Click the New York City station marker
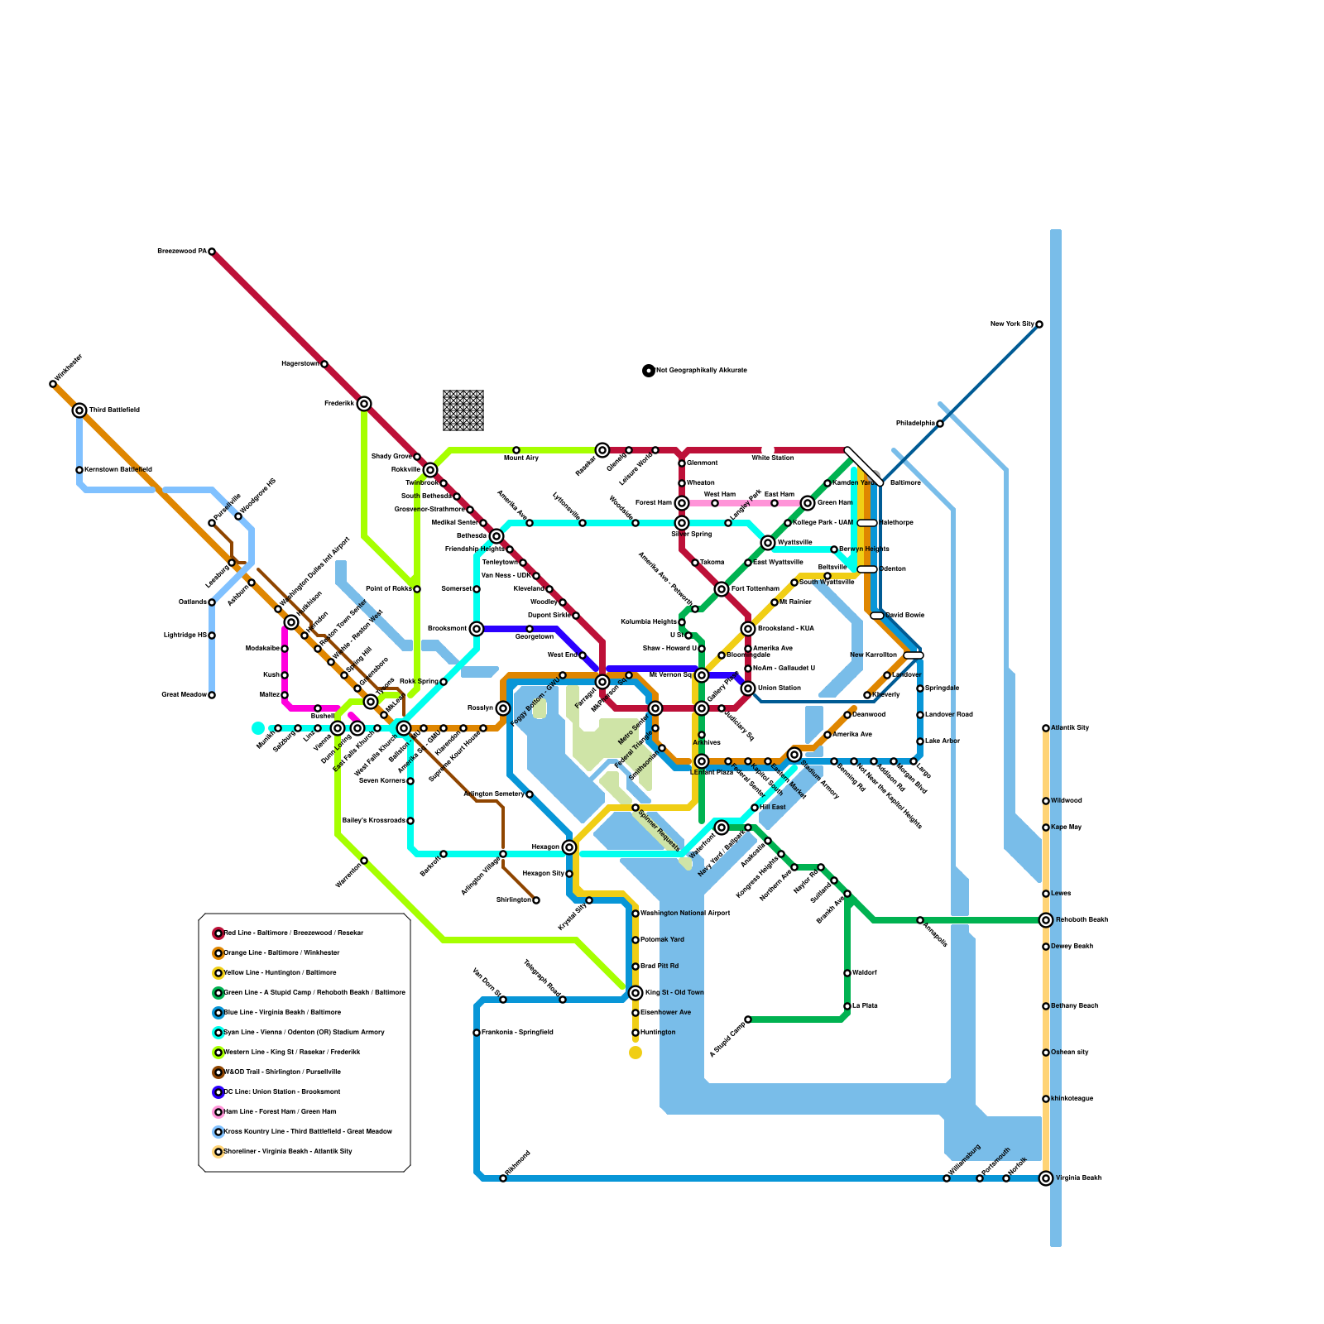(x=1039, y=324)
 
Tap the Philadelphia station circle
(x=940, y=424)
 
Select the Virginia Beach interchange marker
(x=1046, y=1178)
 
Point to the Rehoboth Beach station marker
(x=1046, y=920)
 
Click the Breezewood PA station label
(x=181, y=251)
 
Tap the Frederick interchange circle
(x=364, y=404)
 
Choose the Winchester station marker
(x=53, y=384)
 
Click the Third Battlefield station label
(x=114, y=410)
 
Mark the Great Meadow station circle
(x=212, y=695)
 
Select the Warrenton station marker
(x=364, y=861)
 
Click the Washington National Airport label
(x=685, y=914)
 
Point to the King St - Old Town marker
(x=636, y=993)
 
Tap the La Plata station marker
(x=847, y=1006)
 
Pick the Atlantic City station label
(x=1070, y=728)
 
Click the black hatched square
(x=463, y=410)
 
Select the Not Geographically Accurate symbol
(x=649, y=371)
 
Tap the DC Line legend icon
(x=218, y=1092)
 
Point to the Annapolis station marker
(x=920, y=920)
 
